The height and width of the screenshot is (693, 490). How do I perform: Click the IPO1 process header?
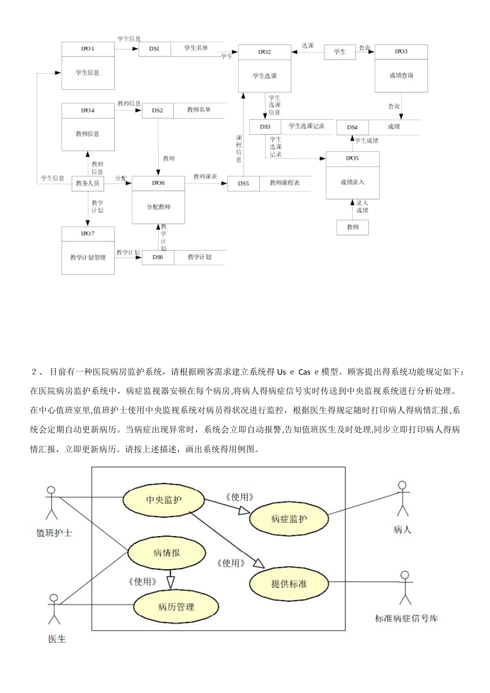pos(88,48)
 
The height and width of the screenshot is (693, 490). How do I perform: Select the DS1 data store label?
pos(154,48)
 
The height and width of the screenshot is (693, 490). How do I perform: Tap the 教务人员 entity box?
pos(87,183)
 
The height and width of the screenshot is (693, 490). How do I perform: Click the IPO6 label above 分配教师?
pos(158,183)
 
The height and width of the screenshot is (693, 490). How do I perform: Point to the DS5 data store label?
pos(243,183)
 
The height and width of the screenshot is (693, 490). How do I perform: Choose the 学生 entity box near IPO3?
pos(339,52)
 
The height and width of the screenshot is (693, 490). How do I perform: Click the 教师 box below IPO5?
pos(352,227)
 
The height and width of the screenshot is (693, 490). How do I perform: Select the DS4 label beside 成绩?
pos(352,127)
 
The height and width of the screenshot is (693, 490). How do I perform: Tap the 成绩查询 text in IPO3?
pos(401,75)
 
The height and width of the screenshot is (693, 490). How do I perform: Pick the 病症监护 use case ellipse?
pos(288,519)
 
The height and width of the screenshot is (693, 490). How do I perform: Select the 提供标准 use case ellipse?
pos(289,584)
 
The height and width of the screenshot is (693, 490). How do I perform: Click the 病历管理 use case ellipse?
pos(175,607)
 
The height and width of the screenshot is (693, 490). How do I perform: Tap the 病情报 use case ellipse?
pos(167,553)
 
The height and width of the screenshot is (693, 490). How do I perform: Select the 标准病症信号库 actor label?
pos(406,618)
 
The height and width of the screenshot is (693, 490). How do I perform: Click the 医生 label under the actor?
pos(57,639)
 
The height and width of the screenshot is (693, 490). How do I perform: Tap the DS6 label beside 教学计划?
pos(158,257)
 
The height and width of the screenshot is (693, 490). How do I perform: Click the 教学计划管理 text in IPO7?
pos(88,257)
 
